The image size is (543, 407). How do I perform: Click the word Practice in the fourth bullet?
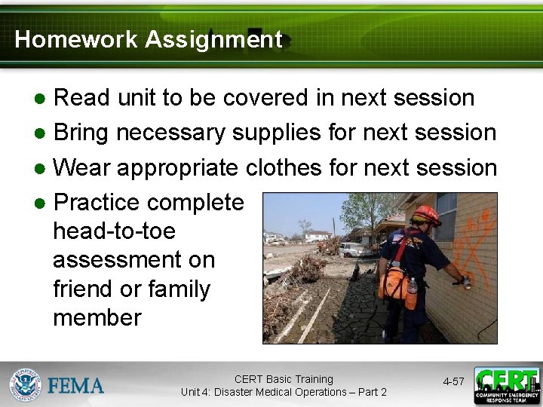click(x=97, y=203)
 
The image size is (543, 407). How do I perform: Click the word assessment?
click(x=133, y=260)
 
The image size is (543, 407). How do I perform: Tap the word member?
click(x=97, y=317)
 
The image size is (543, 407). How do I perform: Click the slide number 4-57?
click(x=453, y=382)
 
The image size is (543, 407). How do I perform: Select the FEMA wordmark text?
click(x=76, y=386)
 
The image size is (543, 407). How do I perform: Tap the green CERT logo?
click(x=507, y=385)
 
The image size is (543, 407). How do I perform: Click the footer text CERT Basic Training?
click(x=284, y=379)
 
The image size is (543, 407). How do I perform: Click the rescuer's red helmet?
click(x=427, y=215)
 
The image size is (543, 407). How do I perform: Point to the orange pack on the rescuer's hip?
click(x=394, y=283)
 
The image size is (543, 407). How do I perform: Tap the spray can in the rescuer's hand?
click(x=467, y=282)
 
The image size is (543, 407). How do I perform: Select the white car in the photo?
click(x=355, y=249)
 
